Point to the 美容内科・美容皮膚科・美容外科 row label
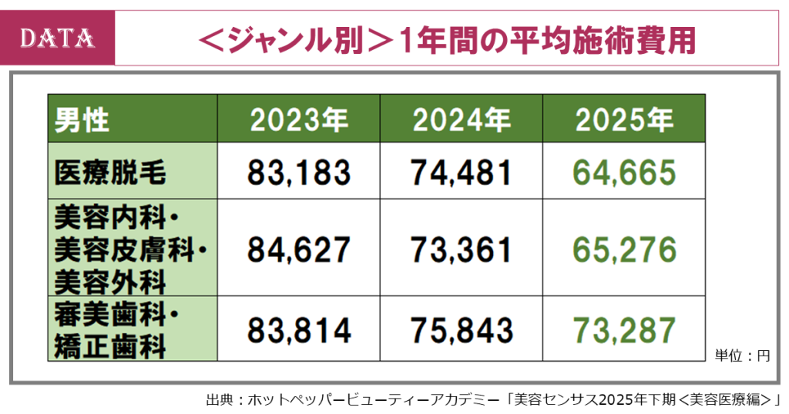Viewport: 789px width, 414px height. click(131, 249)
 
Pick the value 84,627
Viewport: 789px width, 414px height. click(299, 249)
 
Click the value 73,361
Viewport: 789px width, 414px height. click(461, 249)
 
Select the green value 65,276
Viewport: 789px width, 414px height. click(624, 249)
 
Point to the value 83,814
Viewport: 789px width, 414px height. click(299, 330)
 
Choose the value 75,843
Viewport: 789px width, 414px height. click(461, 330)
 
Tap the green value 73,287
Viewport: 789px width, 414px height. click(624, 330)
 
